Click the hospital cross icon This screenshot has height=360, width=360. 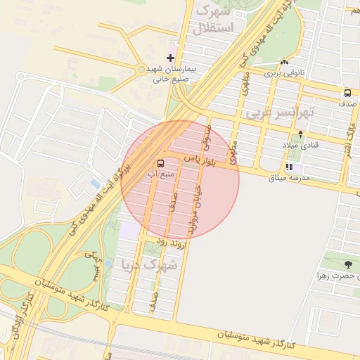click(170, 58)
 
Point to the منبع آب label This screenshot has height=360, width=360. click(162, 172)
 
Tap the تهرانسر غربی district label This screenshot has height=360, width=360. click(278, 112)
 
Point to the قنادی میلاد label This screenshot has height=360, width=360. click(300, 145)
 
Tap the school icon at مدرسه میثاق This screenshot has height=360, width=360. click(289, 167)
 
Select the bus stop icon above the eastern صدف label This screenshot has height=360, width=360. click(347, 94)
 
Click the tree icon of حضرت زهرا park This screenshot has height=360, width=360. click(348, 264)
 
